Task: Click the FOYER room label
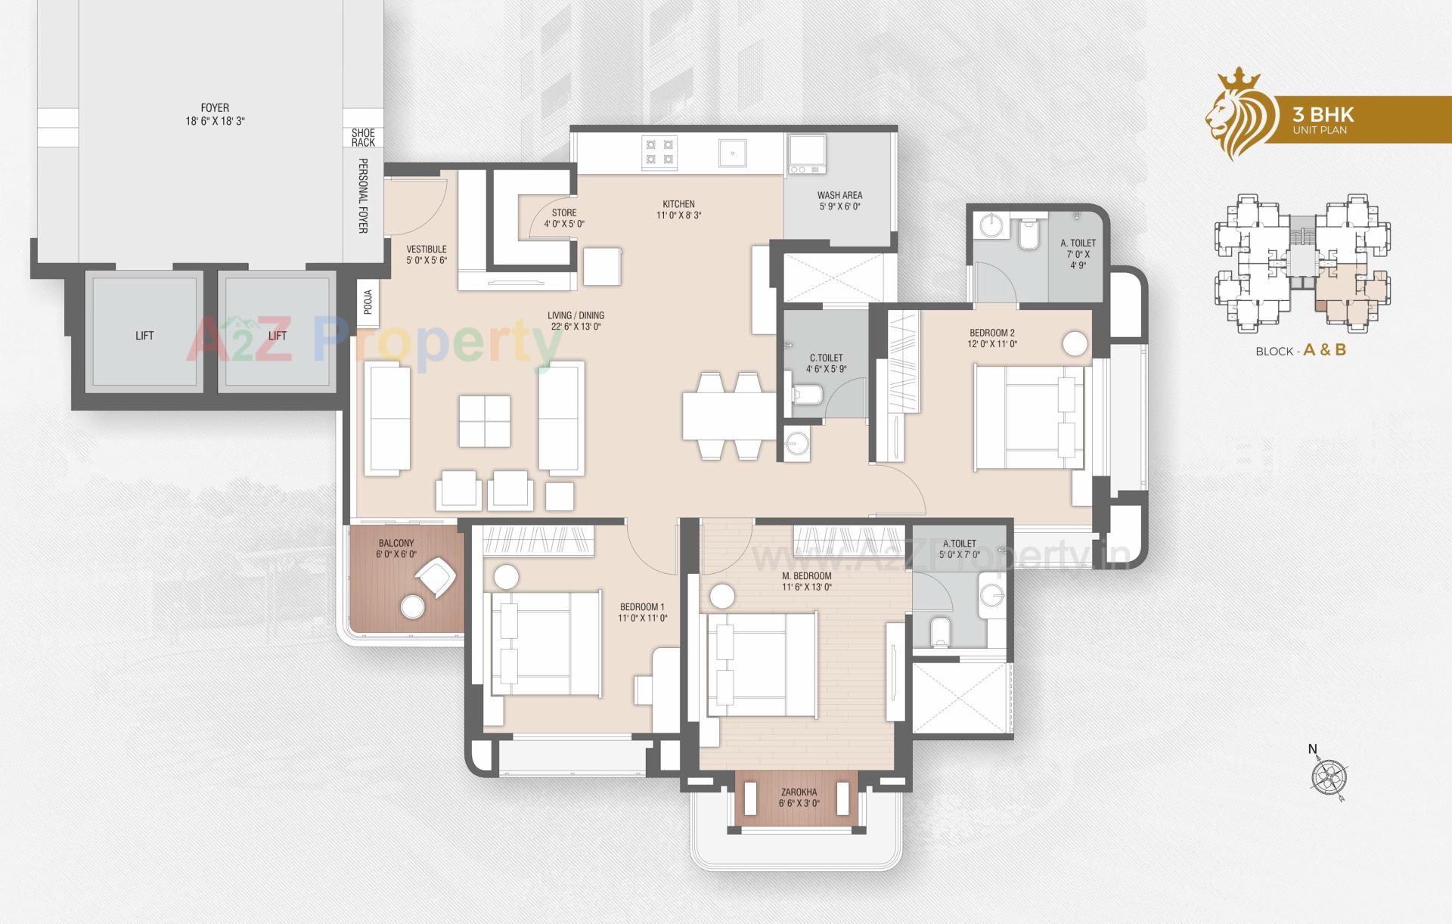click(x=215, y=108)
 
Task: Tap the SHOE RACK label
click(x=363, y=138)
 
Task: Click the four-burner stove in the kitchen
click(x=659, y=150)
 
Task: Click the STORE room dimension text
click(x=564, y=224)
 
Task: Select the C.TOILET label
click(x=826, y=358)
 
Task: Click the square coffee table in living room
click(x=484, y=420)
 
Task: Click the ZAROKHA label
click(x=799, y=792)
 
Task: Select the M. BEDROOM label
click(x=807, y=575)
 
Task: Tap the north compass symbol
click(x=1329, y=776)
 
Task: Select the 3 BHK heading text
click(x=1323, y=115)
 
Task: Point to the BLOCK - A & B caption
click(x=1301, y=351)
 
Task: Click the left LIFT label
click(x=144, y=336)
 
